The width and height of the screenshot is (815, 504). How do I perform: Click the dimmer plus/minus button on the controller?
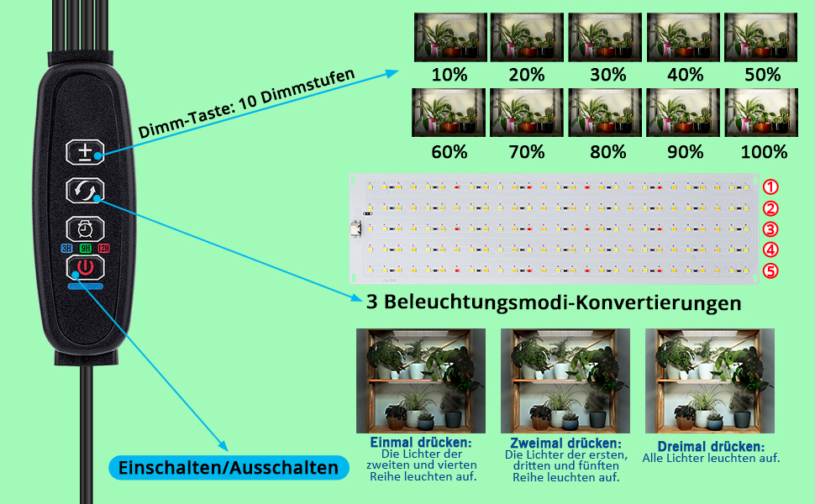[x=84, y=152]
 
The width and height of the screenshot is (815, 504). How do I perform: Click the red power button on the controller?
[x=84, y=269]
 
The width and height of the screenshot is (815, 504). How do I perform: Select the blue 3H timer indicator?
[x=66, y=249]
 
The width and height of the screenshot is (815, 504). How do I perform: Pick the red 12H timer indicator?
[x=103, y=249]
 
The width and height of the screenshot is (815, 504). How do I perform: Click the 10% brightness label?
[x=450, y=74]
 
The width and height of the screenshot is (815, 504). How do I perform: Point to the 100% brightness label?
[x=764, y=152]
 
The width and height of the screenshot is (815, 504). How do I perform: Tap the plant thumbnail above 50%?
[x=762, y=38]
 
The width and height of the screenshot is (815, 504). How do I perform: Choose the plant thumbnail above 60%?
[x=450, y=113]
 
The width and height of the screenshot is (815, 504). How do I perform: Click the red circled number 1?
[x=770, y=187]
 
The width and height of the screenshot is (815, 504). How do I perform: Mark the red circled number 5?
[x=770, y=270]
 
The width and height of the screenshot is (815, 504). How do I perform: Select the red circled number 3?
[x=770, y=229]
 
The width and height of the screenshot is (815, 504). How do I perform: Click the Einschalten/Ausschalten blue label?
[x=229, y=468]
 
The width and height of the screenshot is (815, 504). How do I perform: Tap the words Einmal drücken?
[x=421, y=442]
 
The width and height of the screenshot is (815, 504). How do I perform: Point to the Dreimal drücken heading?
[x=712, y=446]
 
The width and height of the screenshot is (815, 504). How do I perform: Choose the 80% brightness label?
[x=607, y=152]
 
